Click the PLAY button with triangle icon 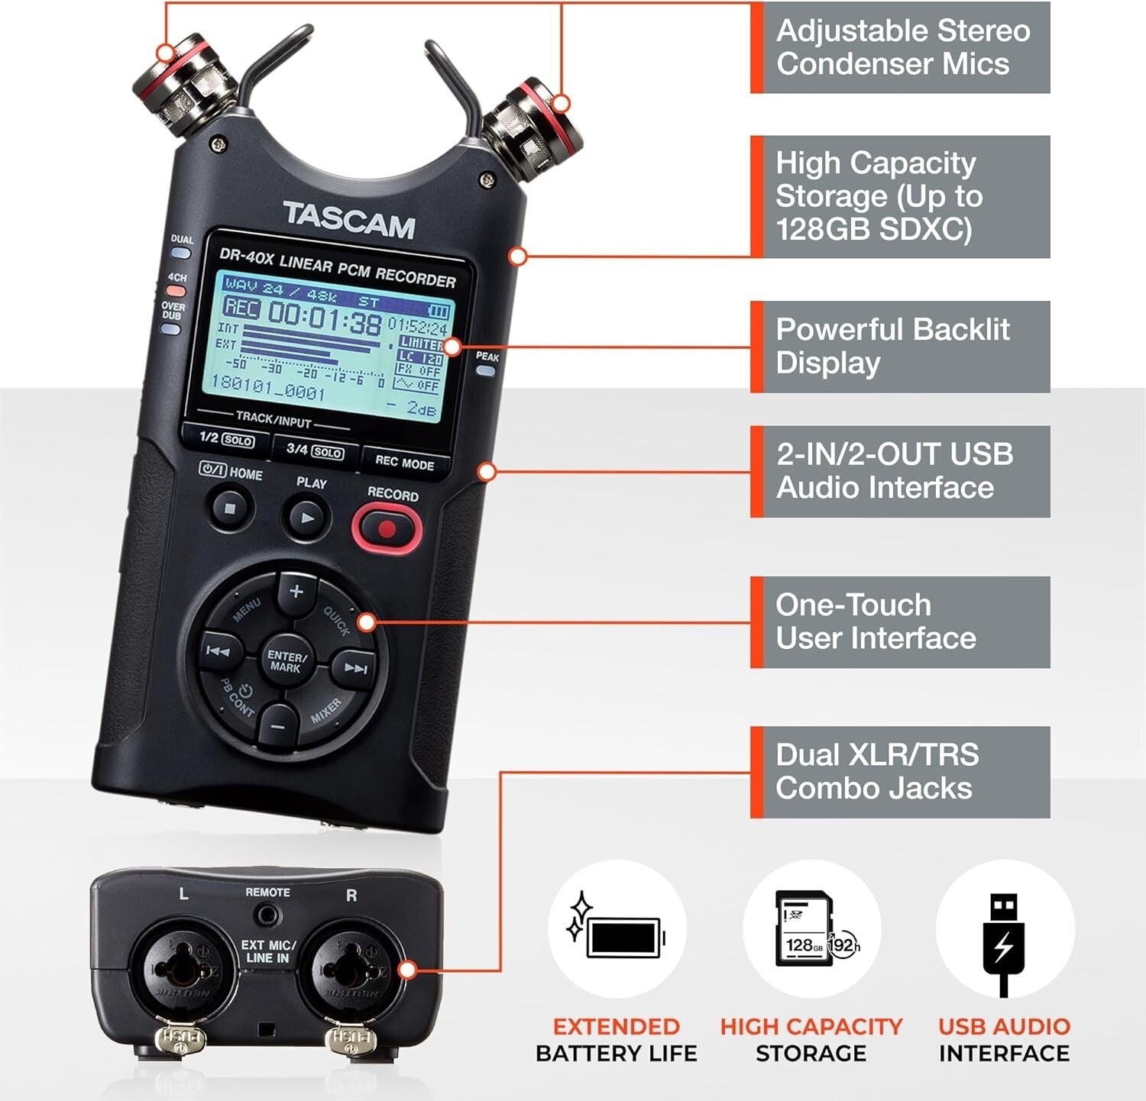307,518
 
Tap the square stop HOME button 230,507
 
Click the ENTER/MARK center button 286,661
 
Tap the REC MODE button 404,463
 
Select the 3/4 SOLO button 314,450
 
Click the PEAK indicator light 485,371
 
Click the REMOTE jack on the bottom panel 267,914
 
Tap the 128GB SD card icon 804,928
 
